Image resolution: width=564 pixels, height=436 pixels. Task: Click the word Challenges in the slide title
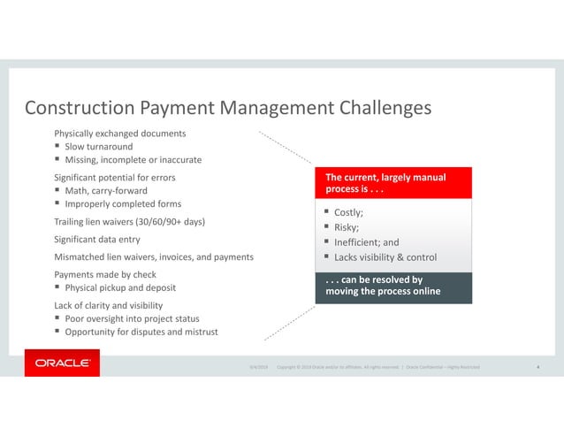pyautogui.click(x=381, y=108)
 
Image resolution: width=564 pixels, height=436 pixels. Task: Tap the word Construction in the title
pyautogui.click(x=79, y=108)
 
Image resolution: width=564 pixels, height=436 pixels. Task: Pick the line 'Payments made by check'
pyautogui.click(x=100, y=274)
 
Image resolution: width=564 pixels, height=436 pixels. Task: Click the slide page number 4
pyautogui.click(x=539, y=366)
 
